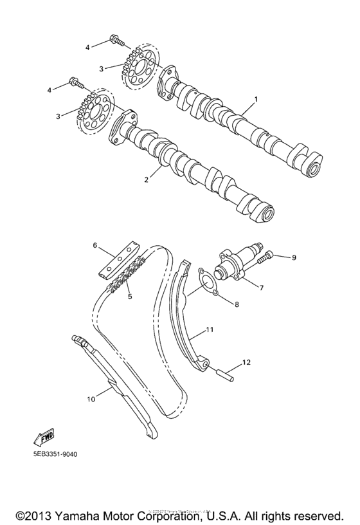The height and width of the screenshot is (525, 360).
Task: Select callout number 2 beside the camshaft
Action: tap(147, 180)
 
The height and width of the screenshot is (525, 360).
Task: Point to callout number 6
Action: tap(94, 245)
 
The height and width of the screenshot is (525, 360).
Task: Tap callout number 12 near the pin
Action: tap(245, 363)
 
